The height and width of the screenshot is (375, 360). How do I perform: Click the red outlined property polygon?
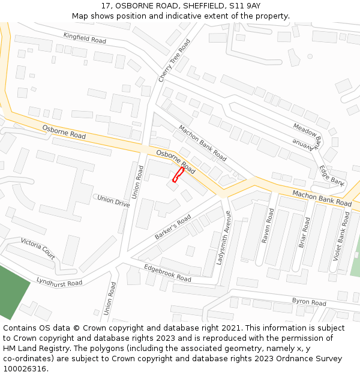click(x=178, y=175)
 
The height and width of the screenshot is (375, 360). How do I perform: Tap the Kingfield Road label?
click(x=85, y=38)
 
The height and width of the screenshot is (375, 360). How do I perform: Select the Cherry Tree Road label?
click(x=174, y=61)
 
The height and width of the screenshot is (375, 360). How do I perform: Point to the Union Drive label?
click(x=113, y=200)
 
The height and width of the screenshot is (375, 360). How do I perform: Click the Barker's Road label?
click(x=173, y=227)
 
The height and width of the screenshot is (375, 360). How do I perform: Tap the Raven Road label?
click(x=268, y=226)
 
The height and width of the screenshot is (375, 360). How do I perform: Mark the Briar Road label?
click(x=304, y=232)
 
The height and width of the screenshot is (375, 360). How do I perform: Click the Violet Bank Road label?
click(x=342, y=236)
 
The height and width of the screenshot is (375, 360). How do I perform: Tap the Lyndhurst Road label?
click(x=59, y=281)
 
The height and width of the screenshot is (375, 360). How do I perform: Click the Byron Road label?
click(x=308, y=302)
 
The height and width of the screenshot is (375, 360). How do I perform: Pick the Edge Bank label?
click(x=332, y=175)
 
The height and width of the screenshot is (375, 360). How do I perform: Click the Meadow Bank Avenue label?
click(x=308, y=135)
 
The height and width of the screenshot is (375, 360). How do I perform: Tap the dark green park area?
click(x=12, y=291)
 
